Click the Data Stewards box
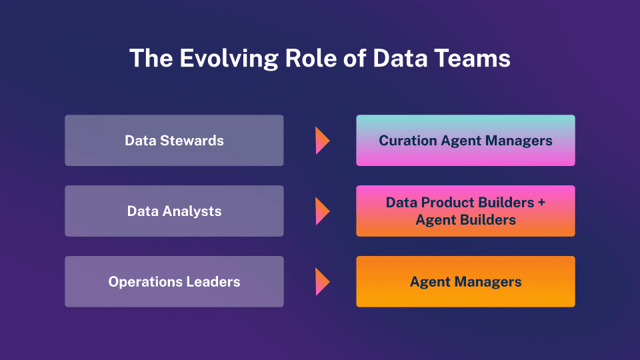(x=174, y=141)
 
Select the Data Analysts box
(x=174, y=211)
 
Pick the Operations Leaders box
(x=174, y=281)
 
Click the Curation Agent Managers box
(x=465, y=141)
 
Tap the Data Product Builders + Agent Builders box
(x=465, y=211)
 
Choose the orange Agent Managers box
(x=465, y=281)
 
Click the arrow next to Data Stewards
(x=323, y=141)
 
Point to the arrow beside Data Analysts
(x=323, y=211)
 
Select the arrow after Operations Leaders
(x=323, y=281)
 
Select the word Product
(x=448, y=203)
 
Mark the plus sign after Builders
(x=541, y=203)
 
